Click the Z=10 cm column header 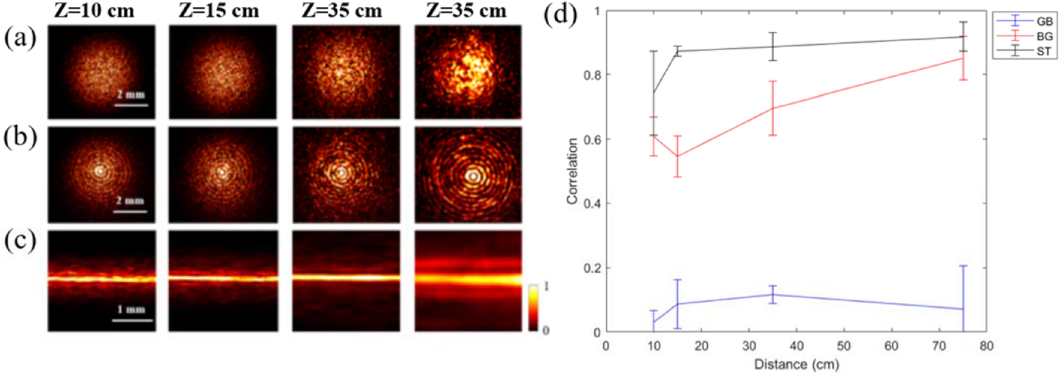(x=94, y=11)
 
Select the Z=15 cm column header (x=218, y=11)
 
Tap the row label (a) (x=20, y=38)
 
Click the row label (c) (x=20, y=241)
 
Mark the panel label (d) (x=560, y=14)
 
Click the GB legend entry (x=1044, y=21)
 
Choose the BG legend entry (x=1044, y=37)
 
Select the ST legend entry (x=1044, y=51)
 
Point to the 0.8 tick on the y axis (x=592, y=75)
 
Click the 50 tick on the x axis (x=844, y=346)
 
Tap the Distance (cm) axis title (x=796, y=364)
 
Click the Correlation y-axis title (x=572, y=171)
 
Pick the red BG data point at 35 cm (x=772, y=108)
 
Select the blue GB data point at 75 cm (x=963, y=309)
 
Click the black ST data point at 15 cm (x=677, y=51)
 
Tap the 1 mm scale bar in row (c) (x=133, y=319)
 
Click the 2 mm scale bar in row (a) (x=131, y=105)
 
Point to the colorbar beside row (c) (x=533, y=307)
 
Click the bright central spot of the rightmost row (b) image (x=473, y=176)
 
